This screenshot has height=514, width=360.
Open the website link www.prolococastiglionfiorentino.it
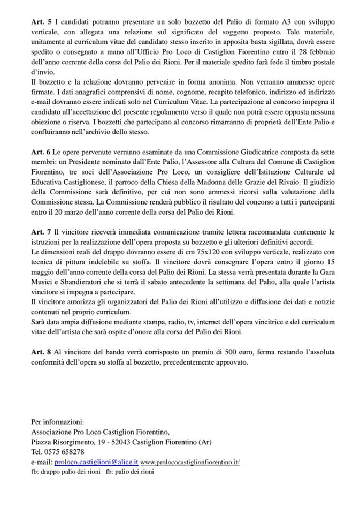(190, 462)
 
